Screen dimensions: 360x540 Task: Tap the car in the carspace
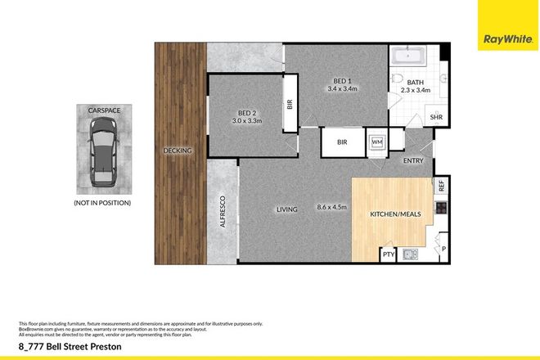[102, 148]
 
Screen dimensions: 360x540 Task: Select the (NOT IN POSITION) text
[102, 202]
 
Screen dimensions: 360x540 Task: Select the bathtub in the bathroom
[407, 56]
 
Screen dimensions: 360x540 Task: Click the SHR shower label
[437, 118]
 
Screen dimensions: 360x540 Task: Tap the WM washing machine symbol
[377, 141]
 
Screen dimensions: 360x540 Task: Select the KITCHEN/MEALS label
[396, 214]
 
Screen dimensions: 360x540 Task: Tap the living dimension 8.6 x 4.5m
[331, 209]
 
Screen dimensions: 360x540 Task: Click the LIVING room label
[286, 209]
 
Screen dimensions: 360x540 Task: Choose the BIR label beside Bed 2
[289, 104]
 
